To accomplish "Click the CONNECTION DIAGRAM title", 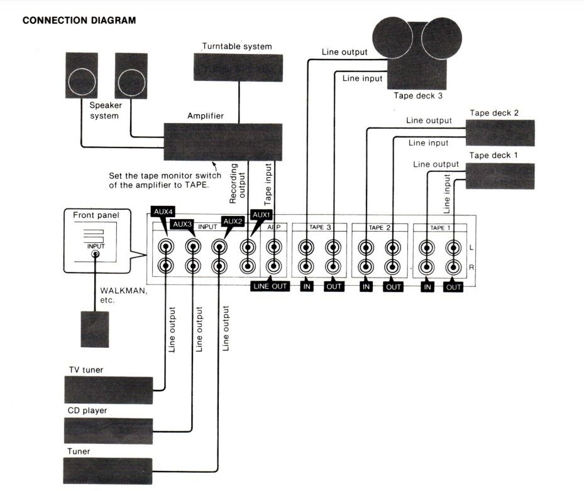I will coord(79,21).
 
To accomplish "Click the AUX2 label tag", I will coord(232,221).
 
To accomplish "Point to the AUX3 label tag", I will coord(182,224).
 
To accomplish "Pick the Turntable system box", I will coord(238,67).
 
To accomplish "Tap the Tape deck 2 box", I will coord(500,132).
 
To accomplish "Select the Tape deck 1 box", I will coord(500,176).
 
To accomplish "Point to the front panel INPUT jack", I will coord(96,255).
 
